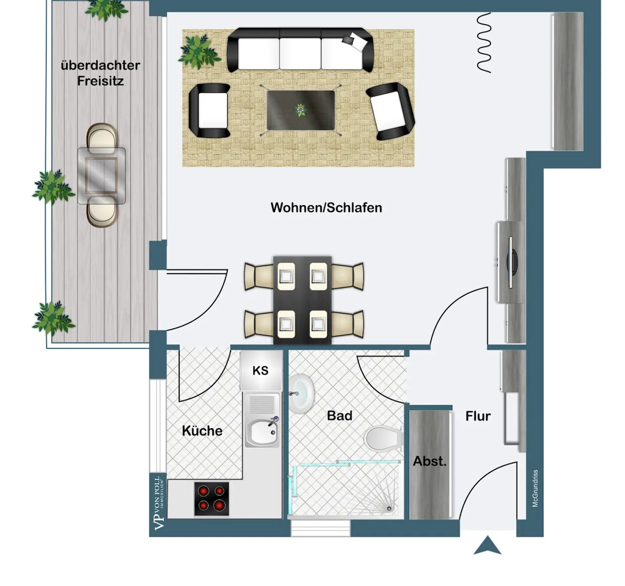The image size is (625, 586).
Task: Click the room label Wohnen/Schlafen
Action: pyautogui.click(x=326, y=208)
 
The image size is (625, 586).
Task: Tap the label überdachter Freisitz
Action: pyautogui.click(x=100, y=73)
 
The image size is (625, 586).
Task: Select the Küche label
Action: pyautogui.click(x=202, y=431)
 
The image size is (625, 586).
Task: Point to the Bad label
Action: pyautogui.click(x=339, y=416)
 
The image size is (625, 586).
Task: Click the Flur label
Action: pyautogui.click(x=478, y=416)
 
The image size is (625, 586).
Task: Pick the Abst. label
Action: pyautogui.click(x=430, y=461)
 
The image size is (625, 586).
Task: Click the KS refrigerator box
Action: pyautogui.click(x=260, y=371)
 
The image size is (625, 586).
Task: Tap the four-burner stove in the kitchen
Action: pyautogui.click(x=211, y=498)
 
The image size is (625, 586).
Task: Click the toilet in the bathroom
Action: pyautogui.click(x=383, y=439)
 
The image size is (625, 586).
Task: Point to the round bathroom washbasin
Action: pyautogui.click(x=302, y=393)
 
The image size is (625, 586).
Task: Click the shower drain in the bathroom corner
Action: pyautogui.click(x=389, y=509)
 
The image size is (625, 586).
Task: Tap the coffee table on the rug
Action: pyautogui.click(x=301, y=110)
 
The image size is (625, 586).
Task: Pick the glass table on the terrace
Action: pyautogui.click(x=101, y=175)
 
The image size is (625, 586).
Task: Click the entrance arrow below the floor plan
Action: pyautogui.click(x=487, y=546)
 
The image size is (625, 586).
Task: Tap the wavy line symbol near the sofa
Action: pyautogui.click(x=484, y=43)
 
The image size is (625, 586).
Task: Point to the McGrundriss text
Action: pyautogui.click(x=535, y=488)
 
